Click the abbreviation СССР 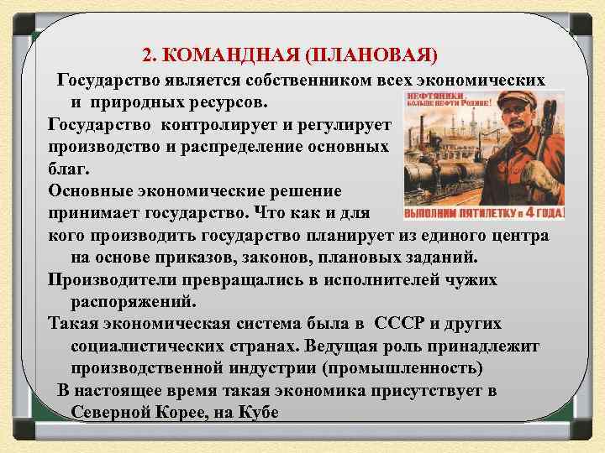coord(404,323)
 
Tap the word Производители coord(108,279)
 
